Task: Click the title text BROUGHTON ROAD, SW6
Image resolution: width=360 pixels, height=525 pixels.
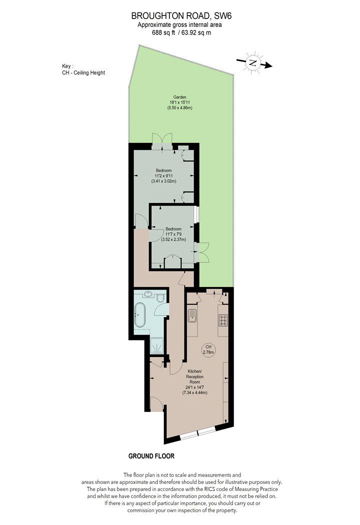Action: (x=177, y=15)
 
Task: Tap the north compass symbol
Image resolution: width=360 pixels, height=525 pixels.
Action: (x=254, y=62)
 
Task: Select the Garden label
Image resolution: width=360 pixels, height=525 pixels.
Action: (x=179, y=97)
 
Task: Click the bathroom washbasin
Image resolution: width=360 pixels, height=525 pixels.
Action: (x=148, y=294)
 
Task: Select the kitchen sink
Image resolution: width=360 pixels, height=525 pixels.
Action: (x=192, y=315)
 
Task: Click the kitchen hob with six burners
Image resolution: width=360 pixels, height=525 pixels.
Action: (x=223, y=320)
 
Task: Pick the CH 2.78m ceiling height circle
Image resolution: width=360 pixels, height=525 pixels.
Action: (x=208, y=349)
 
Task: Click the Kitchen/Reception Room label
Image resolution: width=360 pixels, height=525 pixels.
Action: (x=195, y=376)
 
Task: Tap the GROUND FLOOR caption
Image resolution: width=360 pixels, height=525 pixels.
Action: (x=151, y=456)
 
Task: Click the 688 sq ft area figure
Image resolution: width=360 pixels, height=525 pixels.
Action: (x=163, y=32)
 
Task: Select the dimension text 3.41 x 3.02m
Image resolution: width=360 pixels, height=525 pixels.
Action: (x=164, y=181)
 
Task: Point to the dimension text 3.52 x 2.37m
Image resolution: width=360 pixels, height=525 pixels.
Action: (x=173, y=239)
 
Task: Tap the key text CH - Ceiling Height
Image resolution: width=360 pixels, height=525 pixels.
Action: (x=83, y=72)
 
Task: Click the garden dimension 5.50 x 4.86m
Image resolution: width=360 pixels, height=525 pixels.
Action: (x=179, y=108)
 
